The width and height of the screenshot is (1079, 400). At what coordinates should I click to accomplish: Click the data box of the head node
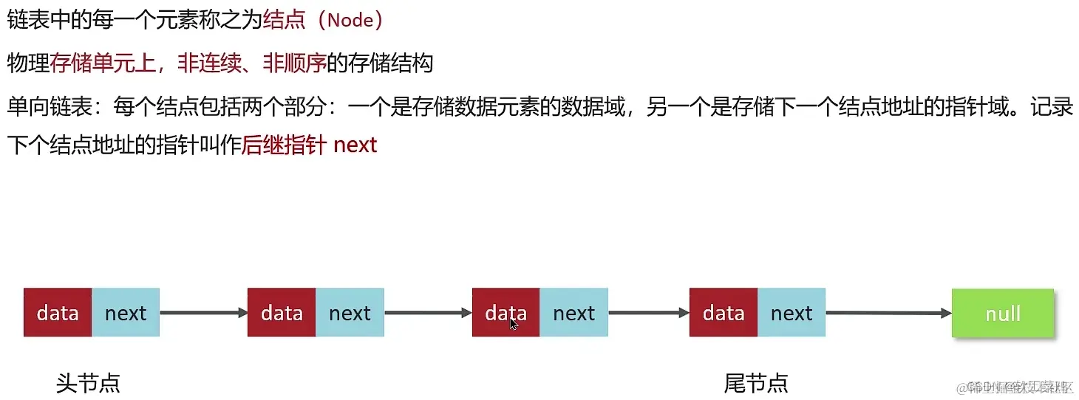click(x=58, y=313)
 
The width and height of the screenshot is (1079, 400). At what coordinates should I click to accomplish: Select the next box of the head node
click(x=126, y=313)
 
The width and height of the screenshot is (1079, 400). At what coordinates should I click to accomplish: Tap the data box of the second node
click(x=282, y=313)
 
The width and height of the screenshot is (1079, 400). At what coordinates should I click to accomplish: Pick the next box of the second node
click(x=350, y=313)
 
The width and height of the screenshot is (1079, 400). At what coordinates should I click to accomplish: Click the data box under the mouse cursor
click(x=506, y=313)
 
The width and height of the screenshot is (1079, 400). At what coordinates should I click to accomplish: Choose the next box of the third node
click(x=573, y=313)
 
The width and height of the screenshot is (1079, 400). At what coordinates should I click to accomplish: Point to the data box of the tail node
click(x=723, y=313)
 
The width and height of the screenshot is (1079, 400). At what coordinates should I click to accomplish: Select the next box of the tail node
click(x=791, y=313)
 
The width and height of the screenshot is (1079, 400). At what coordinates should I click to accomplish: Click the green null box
click(x=1002, y=313)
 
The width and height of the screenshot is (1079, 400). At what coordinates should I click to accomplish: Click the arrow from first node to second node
click(x=204, y=313)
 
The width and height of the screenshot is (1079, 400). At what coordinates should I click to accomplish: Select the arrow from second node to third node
click(x=428, y=313)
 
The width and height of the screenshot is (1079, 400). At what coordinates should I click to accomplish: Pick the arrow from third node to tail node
click(x=648, y=313)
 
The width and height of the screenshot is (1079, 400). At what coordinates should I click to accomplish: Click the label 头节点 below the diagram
click(x=87, y=383)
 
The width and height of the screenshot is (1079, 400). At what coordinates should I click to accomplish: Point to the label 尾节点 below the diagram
click(x=755, y=383)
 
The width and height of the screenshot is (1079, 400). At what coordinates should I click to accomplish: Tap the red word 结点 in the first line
click(x=284, y=20)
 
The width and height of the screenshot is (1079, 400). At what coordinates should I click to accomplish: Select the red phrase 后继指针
click(x=284, y=145)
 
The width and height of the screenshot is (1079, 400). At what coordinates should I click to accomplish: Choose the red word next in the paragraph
click(x=355, y=145)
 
